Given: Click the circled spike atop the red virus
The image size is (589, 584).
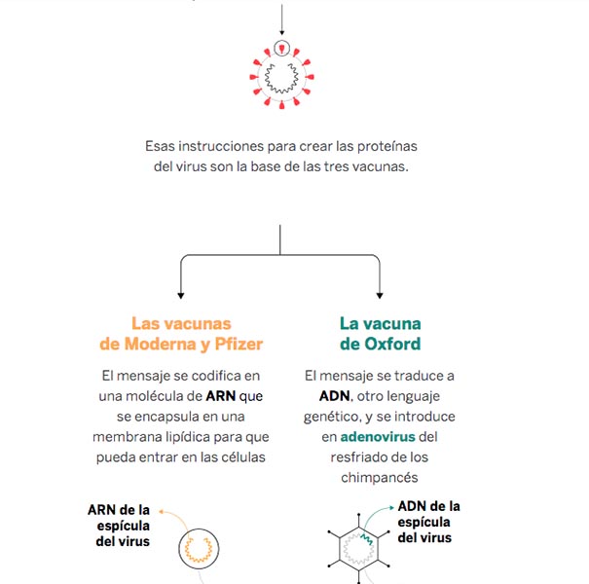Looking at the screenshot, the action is (x=281, y=49).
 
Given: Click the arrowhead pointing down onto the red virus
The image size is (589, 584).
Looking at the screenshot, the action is (x=281, y=33).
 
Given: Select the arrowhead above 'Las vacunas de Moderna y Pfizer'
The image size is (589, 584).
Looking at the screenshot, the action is (x=181, y=296).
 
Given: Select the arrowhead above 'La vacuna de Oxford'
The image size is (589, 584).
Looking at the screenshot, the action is (x=380, y=296).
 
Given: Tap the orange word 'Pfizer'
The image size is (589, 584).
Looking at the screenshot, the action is (x=239, y=344).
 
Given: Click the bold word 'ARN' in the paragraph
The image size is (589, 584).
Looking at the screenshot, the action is (x=220, y=396).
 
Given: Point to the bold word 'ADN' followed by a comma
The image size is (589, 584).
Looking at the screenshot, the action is (x=334, y=396).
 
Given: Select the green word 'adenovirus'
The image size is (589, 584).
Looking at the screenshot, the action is (x=378, y=437).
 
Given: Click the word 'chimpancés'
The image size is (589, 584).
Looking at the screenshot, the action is (x=380, y=478).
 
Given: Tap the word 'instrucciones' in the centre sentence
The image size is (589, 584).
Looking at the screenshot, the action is (x=221, y=146).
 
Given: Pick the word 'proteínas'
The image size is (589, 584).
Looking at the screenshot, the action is (x=387, y=146).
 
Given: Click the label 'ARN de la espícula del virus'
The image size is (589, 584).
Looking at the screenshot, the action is (x=119, y=526).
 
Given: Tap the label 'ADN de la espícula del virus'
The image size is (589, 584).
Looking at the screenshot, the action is (x=428, y=522).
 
